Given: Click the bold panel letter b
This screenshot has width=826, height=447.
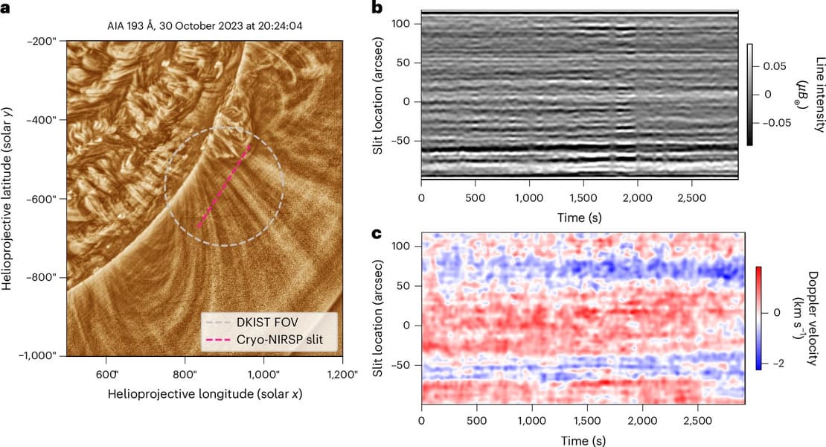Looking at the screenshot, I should coord(377,9).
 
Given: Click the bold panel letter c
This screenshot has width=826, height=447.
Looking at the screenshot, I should coord(377,233).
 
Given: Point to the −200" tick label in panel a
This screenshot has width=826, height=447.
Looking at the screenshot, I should coord(45,41).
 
